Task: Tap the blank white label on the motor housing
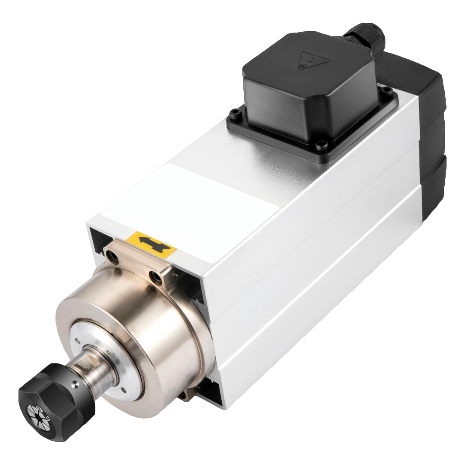coord(189,194)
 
